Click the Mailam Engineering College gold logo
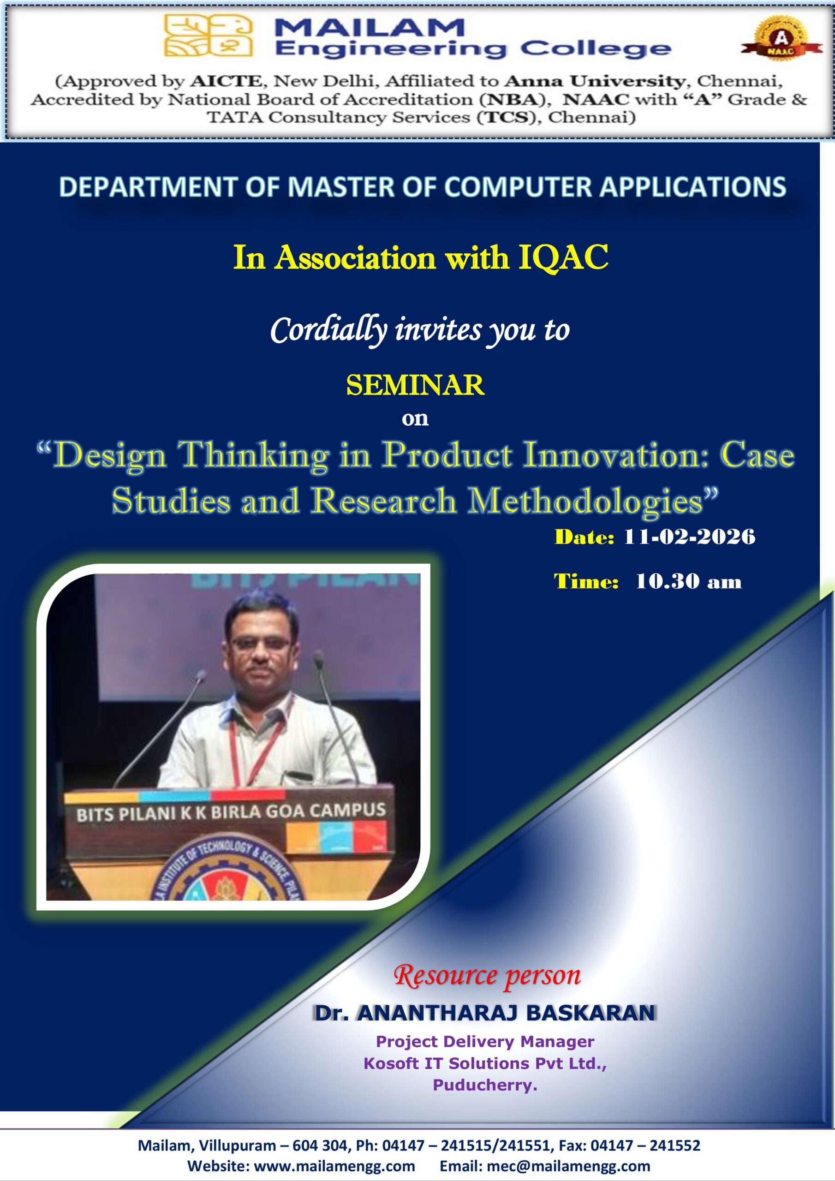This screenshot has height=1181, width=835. coord(209,35)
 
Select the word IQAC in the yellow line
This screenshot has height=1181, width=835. coord(563,257)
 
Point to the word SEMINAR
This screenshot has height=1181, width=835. coord(415,385)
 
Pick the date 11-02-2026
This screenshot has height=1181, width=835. coord(689,537)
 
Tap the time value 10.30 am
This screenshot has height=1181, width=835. coord(688,582)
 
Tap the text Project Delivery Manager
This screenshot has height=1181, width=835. coord(485,1042)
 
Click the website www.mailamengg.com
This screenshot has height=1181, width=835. coord(334,1166)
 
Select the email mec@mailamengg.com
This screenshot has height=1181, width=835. coord(568,1166)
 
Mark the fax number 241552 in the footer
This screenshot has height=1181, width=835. coord(674,1145)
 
